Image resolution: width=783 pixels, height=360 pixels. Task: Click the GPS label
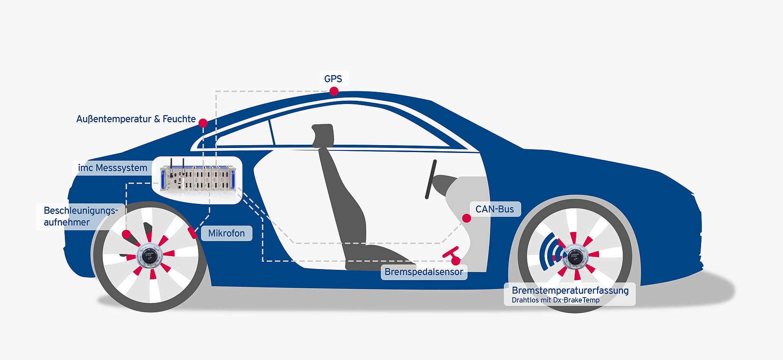click(333, 79)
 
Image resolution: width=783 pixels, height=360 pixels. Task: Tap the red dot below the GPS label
click(334, 91)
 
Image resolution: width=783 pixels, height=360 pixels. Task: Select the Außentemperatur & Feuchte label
click(136, 119)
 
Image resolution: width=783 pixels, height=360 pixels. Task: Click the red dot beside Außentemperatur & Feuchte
click(203, 123)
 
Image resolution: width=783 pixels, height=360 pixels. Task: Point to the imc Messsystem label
click(113, 168)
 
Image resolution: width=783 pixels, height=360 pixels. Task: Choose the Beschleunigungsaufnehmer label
click(80, 216)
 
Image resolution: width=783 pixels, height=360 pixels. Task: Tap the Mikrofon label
click(226, 233)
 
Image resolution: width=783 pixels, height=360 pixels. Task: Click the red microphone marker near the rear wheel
click(192, 233)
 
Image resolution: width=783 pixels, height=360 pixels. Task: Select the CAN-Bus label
click(495, 209)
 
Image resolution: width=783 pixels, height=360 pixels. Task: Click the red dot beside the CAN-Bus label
click(467, 218)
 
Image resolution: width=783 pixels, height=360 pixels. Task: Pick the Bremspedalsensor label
click(424, 272)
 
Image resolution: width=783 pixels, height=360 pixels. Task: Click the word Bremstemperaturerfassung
click(570, 290)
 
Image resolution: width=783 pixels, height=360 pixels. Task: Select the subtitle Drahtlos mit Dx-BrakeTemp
click(555, 300)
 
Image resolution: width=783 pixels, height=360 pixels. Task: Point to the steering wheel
click(431, 179)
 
